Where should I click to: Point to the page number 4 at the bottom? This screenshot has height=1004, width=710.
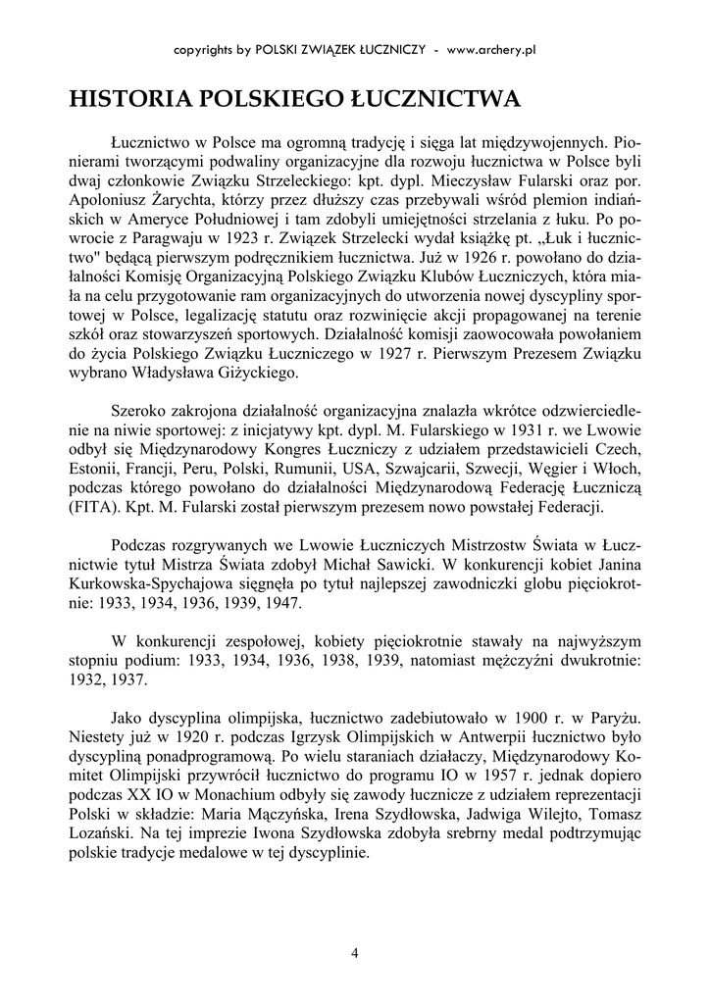pos(354,952)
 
